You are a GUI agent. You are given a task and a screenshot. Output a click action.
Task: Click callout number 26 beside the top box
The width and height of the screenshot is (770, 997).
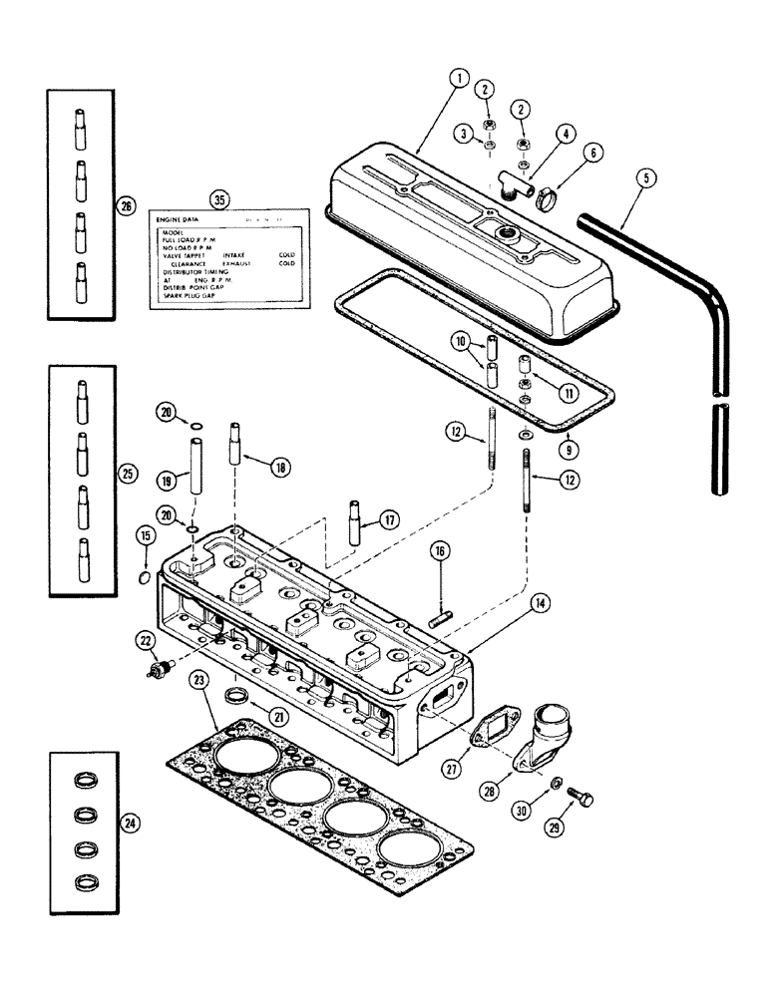[x=125, y=205]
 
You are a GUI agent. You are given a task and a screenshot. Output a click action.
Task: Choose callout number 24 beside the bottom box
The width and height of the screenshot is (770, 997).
[x=125, y=823]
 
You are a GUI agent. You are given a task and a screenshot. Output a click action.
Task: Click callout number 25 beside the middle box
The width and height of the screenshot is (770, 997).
[x=125, y=473]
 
